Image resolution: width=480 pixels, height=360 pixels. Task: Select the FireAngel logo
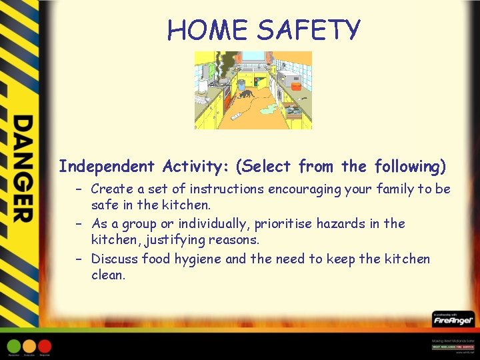click(x=453, y=320)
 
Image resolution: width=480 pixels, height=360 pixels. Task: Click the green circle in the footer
click(x=14, y=346)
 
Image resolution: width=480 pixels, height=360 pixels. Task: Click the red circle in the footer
click(x=45, y=346)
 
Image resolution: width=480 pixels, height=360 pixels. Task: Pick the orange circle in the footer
click(x=29, y=346)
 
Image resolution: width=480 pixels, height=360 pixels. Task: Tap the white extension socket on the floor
click(x=237, y=117)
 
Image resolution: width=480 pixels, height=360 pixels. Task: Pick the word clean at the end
click(x=107, y=275)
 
